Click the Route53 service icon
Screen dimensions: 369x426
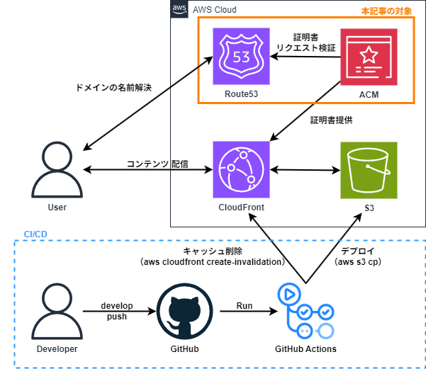[243, 57]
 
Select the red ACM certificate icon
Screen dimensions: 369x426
[369, 57]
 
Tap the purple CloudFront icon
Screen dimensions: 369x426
[243, 170]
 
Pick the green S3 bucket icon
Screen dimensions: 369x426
[369, 170]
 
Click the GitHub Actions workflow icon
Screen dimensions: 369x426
[306, 312]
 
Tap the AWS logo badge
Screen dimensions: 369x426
[180, 9]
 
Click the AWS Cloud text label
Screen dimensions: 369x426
[215, 10]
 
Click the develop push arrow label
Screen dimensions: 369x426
[117, 311]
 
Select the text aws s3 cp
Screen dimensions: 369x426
[357, 261]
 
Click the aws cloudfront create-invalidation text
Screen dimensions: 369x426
[213, 261]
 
